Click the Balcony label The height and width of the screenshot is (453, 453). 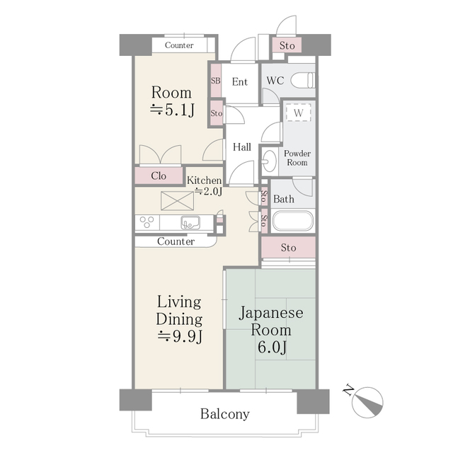click(x=224, y=414)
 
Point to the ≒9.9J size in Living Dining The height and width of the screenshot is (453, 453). click(x=179, y=336)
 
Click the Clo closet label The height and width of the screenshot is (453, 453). click(x=159, y=176)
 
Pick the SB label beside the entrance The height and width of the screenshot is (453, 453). click(x=215, y=81)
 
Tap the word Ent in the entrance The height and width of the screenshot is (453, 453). click(x=240, y=82)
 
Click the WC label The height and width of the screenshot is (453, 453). click(x=275, y=81)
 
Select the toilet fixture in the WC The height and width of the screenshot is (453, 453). click(x=302, y=80)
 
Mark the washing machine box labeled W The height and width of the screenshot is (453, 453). click(x=299, y=113)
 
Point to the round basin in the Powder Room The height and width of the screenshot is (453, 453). click(x=268, y=161)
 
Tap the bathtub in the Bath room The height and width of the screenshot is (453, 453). click(x=292, y=222)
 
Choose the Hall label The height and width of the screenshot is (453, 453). click(x=242, y=147)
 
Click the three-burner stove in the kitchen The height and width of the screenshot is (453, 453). click(x=147, y=223)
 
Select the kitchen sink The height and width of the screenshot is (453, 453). click(x=189, y=223)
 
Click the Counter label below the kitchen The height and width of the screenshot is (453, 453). click(x=176, y=241)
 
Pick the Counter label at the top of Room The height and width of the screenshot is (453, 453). click(x=179, y=45)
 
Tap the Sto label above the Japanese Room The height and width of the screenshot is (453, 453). click(x=287, y=248)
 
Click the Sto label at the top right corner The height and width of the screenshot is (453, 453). click(x=287, y=46)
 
